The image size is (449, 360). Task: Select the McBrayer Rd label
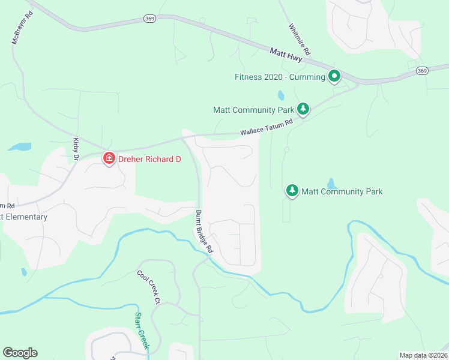click(21, 28)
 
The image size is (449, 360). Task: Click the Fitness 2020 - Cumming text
click(279, 77)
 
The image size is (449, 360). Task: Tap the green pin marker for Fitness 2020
click(334, 76)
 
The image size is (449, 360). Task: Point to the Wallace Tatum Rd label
click(266, 127)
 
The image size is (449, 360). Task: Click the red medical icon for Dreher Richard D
click(109, 159)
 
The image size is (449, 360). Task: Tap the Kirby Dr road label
click(76, 149)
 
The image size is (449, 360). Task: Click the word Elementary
click(25, 217)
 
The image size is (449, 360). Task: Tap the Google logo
click(20, 353)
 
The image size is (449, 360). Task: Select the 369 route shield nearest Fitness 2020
click(423, 71)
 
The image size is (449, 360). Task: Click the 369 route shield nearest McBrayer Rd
click(150, 19)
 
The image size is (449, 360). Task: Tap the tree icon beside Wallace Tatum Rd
click(304, 109)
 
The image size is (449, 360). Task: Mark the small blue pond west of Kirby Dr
click(20, 146)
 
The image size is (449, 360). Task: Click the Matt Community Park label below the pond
click(342, 191)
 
